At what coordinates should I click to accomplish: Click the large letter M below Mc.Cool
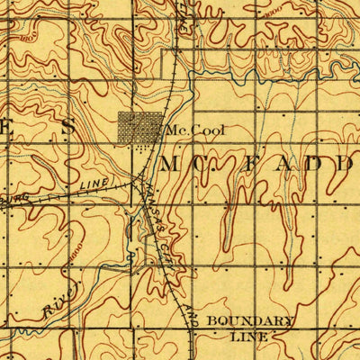coord(174,165)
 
